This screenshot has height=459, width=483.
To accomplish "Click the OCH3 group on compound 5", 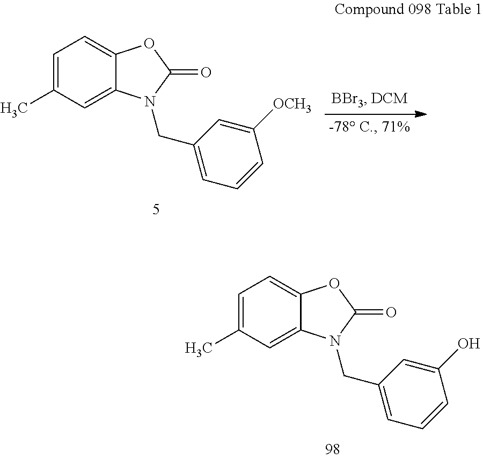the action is [x=292, y=105].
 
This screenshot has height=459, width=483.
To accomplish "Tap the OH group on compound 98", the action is [x=469, y=344].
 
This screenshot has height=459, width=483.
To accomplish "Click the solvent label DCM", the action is [x=390, y=99].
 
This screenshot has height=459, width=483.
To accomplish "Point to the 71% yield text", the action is [x=396, y=127].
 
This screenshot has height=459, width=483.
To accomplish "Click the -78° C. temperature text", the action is [x=353, y=127].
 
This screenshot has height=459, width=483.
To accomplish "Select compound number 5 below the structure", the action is [x=156, y=210].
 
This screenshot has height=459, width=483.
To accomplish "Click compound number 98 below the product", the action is [x=332, y=449].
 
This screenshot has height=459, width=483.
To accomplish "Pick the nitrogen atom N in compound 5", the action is [x=150, y=101].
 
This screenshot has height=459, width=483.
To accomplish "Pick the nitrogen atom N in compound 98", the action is [x=334, y=341].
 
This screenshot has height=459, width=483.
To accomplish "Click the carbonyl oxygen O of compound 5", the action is [x=206, y=72].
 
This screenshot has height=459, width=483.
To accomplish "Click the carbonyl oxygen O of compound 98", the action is [x=391, y=312].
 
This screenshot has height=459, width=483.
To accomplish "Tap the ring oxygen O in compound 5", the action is [x=149, y=43].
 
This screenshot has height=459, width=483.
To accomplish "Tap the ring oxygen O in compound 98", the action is [x=334, y=283].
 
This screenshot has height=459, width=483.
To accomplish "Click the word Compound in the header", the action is [x=369, y=10].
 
